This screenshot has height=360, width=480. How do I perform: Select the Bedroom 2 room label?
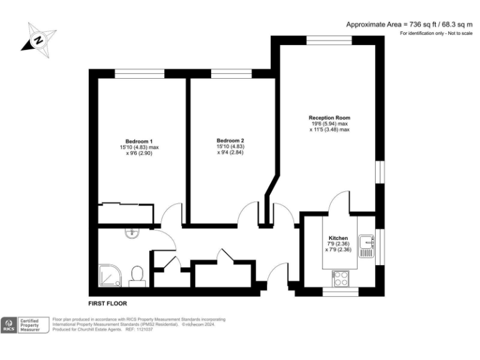click(x=230, y=141)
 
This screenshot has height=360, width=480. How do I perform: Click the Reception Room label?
click(x=329, y=117)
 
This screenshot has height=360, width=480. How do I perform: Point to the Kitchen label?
click(x=338, y=238)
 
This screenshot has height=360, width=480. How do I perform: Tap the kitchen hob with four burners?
click(x=341, y=278)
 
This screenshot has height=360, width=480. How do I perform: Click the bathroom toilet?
click(x=137, y=276)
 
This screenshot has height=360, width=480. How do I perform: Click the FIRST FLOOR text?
click(x=107, y=303)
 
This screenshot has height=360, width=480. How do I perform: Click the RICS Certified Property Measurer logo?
click(x=24, y=324)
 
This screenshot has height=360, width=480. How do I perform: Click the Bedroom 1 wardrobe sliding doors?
click(x=127, y=204)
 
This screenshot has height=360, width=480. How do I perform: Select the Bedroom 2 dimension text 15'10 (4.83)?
click(x=230, y=147)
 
